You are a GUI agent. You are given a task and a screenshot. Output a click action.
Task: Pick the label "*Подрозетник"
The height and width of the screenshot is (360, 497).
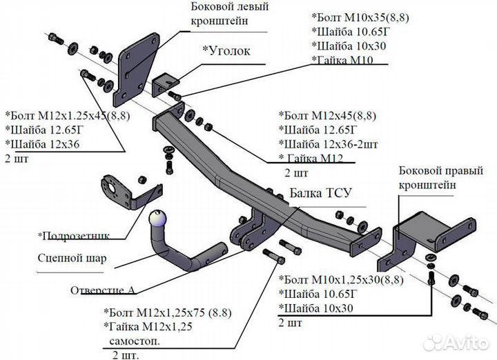[75, 236]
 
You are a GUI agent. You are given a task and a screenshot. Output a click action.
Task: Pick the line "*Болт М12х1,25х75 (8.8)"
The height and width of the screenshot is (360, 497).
[170, 312]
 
